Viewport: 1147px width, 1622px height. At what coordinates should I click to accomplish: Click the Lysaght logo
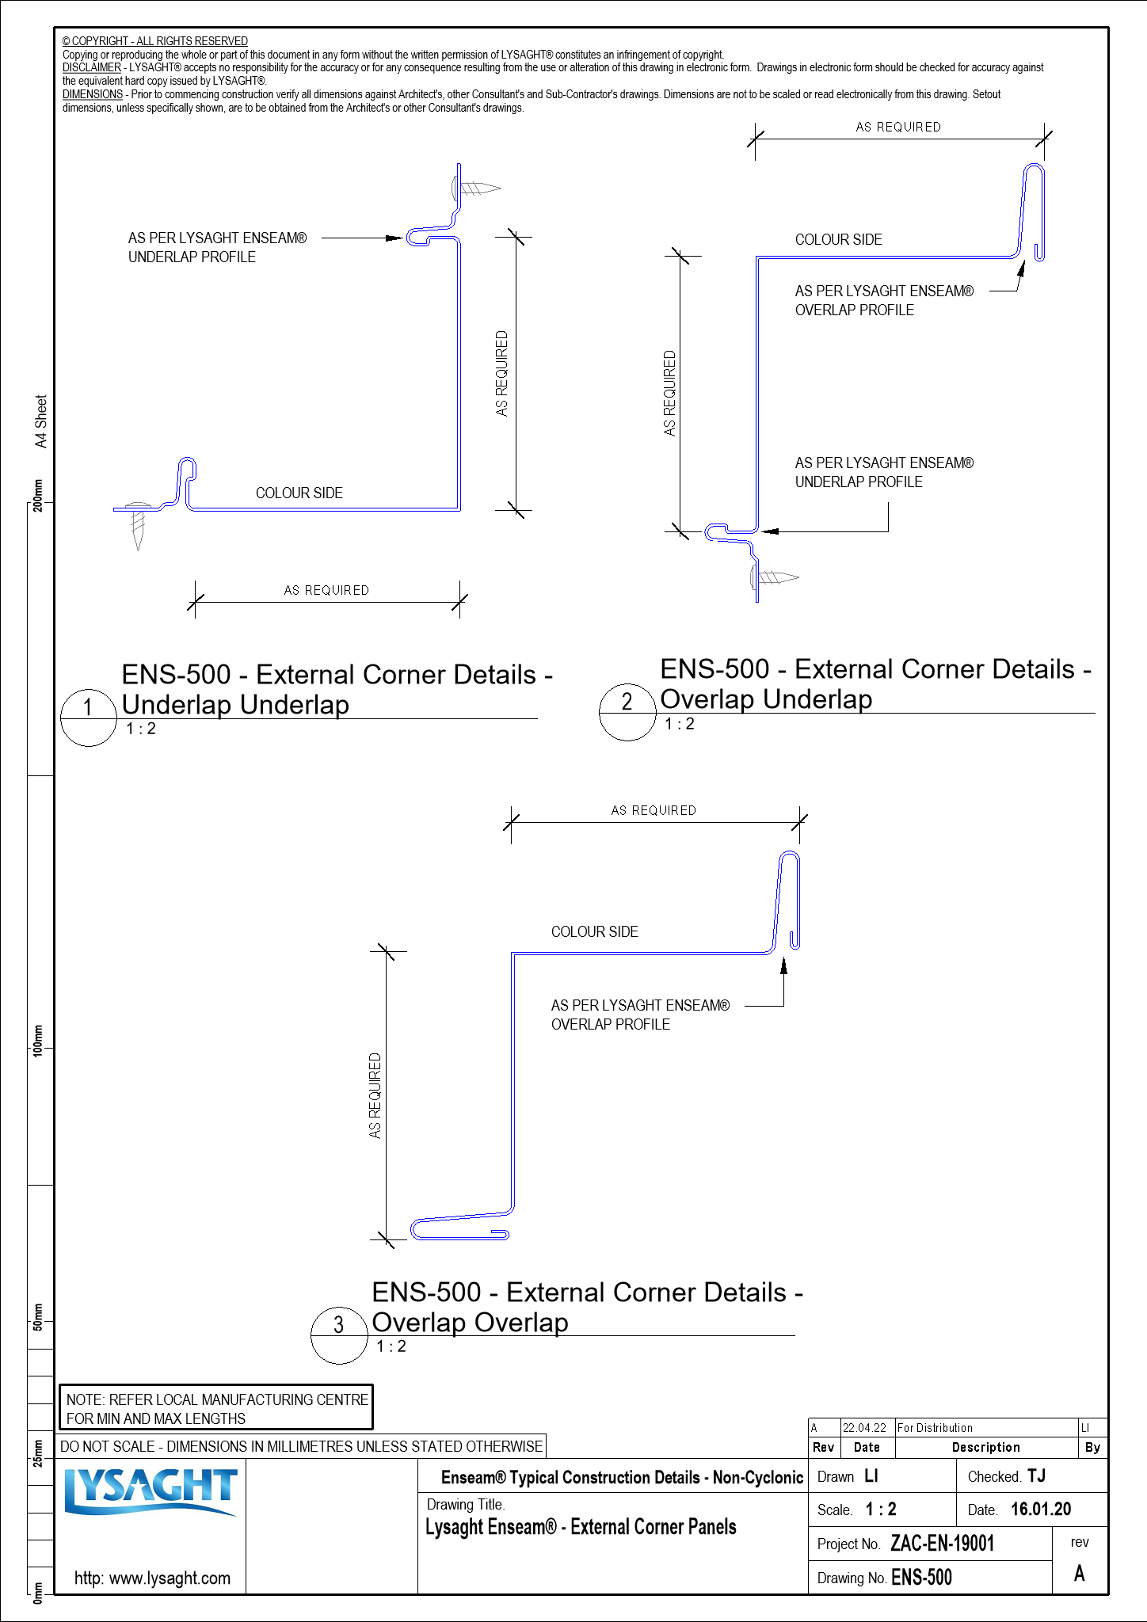pyautogui.click(x=151, y=1492)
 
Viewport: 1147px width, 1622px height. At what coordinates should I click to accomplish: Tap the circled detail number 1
pyautogui.click(x=88, y=707)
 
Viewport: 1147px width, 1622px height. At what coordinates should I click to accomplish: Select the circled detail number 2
pyautogui.click(x=627, y=702)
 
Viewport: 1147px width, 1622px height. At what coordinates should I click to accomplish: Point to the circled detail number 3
pyautogui.click(x=339, y=1325)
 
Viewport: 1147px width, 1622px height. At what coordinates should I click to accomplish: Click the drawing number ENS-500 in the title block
pyautogui.click(x=921, y=1578)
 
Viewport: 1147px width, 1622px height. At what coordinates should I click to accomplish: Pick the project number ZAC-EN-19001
pyautogui.click(x=942, y=1544)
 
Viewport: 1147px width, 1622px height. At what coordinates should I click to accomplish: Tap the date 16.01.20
pyautogui.click(x=1040, y=1509)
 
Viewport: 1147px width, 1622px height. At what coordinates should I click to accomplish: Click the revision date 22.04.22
pyautogui.click(x=864, y=1428)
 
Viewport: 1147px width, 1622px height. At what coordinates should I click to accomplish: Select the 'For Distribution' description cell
pyautogui.click(x=935, y=1428)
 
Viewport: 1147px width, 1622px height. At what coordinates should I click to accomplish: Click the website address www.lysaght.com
pyautogui.click(x=152, y=1578)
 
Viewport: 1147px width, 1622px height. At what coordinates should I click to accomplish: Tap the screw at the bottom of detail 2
pyautogui.click(x=774, y=577)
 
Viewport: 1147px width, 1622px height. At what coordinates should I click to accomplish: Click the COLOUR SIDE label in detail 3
pyautogui.click(x=594, y=932)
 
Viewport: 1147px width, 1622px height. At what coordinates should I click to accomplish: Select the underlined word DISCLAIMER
pyautogui.click(x=92, y=68)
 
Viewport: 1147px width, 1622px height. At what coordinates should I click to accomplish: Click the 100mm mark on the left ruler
pyautogui.click(x=37, y=1040)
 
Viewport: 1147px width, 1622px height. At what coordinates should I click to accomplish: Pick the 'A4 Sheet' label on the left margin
pyautogui.click(x=41, y=421)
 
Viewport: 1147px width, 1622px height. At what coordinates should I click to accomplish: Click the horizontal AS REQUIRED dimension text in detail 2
pyautogui.click(x=898, y=127)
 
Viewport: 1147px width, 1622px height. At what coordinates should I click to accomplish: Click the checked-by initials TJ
pyautogui.click(x=1037, y=1475)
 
